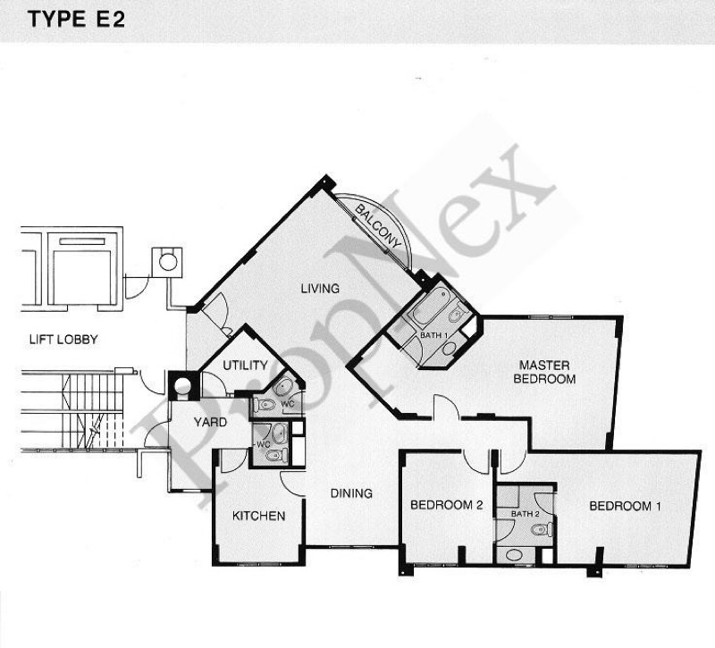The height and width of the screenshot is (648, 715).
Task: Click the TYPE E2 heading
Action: coord(76,20)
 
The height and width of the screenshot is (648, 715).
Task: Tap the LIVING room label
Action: coord(320,288)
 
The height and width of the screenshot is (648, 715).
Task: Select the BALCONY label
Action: coord(377,227)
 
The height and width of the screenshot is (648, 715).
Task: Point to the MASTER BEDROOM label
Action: coord(544,372)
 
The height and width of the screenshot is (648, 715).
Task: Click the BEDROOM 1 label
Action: coord(625,506)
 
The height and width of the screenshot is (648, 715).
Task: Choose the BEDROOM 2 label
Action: coord(446,505)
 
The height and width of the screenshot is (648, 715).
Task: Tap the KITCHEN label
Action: coord(258,516)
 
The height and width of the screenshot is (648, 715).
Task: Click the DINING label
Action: coord(351,493)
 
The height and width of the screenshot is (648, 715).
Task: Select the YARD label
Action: coord(210,422)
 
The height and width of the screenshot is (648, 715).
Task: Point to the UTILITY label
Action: coord(245,366)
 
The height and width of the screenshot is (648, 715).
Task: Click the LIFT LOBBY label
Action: coord(63,340)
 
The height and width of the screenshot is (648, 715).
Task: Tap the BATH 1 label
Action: coord(433,336)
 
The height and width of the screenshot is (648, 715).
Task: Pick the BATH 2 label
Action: coord(526,514)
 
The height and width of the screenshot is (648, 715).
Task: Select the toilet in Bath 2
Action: coord(543,529)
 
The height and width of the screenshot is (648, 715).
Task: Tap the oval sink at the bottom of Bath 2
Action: coord(515,555)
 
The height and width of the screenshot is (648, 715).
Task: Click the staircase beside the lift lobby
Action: coord(73,411)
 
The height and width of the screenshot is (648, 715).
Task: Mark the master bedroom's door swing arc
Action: coord(446,403)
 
